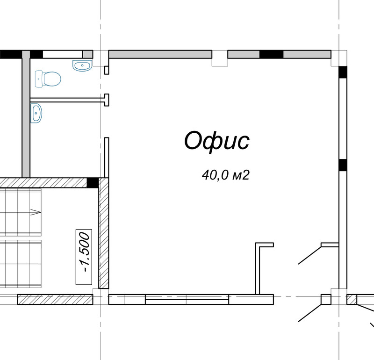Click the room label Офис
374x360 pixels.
coord(217,142)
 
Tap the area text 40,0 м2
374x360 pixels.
coord(226,175)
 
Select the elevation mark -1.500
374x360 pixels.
coord(84,257)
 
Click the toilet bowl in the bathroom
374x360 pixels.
coord(48,79)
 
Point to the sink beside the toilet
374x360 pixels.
coord(82,65)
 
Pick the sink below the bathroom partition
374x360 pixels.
coord(36,113)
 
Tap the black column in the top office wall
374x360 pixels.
coord(271,54)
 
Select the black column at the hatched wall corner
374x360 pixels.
coord(93,183)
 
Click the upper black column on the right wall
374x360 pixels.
coord(343,72)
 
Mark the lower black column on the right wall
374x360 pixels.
coord(343,165)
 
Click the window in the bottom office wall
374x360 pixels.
coord(187,299)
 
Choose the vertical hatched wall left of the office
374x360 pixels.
coord(103,233)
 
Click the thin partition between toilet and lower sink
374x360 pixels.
coord(69,100)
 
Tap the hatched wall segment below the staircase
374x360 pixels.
coord(55,299)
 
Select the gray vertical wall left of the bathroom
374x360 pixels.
coord(26,114)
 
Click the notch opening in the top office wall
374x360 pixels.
coord(220,58)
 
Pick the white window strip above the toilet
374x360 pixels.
coord(63,54)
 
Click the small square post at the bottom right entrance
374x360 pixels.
coord(326,299)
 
